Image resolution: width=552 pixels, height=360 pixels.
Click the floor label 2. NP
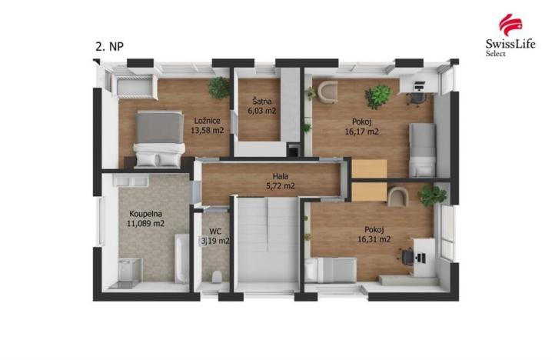pos(108,46)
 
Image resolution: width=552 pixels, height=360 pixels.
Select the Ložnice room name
pos(208,120)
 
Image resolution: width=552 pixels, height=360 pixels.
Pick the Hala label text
pos(269,176)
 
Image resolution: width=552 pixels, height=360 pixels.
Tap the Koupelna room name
pos(146,214)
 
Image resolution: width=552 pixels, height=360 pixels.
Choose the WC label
pos(215,230)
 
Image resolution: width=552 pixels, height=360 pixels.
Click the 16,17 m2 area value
pos(362,131)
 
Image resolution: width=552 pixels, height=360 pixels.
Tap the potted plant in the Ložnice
pos(219,87)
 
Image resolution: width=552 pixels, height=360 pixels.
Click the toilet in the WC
pos(217,275)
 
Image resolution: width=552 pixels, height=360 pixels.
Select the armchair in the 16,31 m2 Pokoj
pos(398,197)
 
